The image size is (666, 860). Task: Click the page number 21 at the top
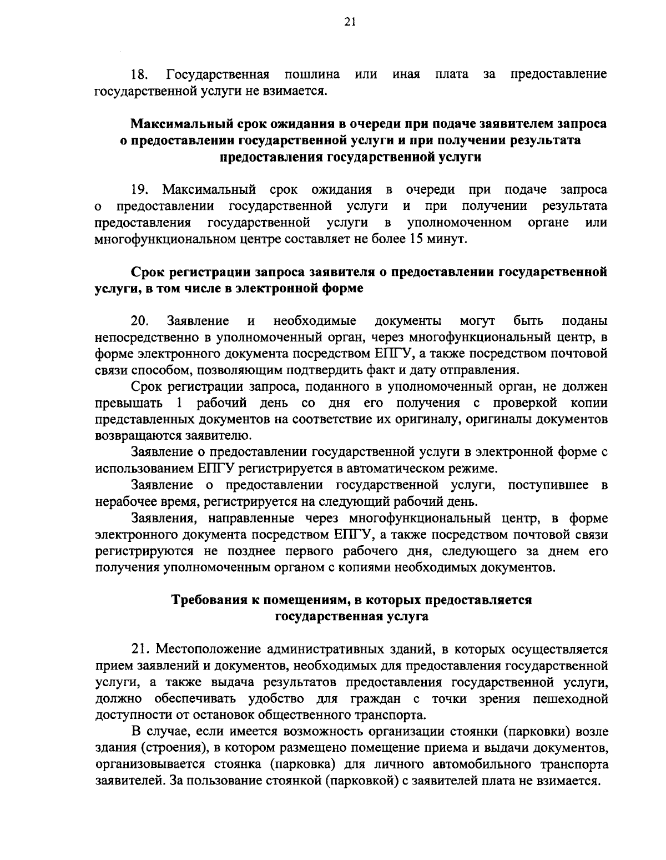334,22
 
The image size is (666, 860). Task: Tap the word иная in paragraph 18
406,74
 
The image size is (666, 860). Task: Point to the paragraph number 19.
138,190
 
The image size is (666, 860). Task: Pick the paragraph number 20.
139,321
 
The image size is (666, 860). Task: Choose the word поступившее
548,485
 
